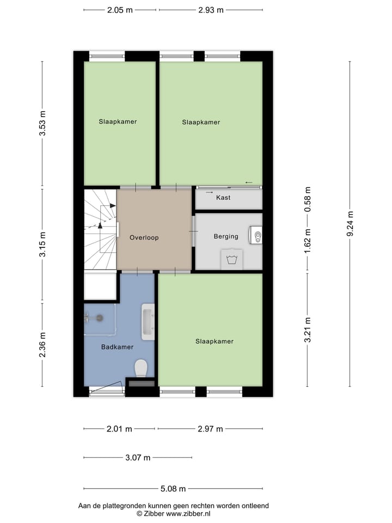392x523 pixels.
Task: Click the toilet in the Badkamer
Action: pyautogui.click(x=140, y=368)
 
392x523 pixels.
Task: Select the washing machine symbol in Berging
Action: pyautogui.click(x=232, y=259)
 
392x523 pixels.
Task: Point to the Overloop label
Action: pyautogui.click(x=144, y=238)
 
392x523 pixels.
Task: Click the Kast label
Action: pyautogui.click(x=223, y=198)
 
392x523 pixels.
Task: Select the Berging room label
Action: pyautogui.click(x=226, y=236)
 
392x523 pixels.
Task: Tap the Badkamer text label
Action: pyautogui.click(x=117, y=346)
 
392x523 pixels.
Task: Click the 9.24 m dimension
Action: pyautogui.click(x=350, y=224)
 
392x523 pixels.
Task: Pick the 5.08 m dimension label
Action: pyautogui.click(x=173, y=488)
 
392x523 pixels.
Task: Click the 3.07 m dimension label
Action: pyautogui.click(x=137, y=458)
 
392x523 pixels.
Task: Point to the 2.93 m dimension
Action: pyautogui.click(x=210, y=10)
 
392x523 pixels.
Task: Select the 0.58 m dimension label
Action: pyautogui.click(x=308, y=199)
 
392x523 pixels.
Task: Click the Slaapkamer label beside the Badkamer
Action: pyautogui.click(x=215, y=341)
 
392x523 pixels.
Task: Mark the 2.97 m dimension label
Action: pyautogui.click(x=210, y=429)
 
